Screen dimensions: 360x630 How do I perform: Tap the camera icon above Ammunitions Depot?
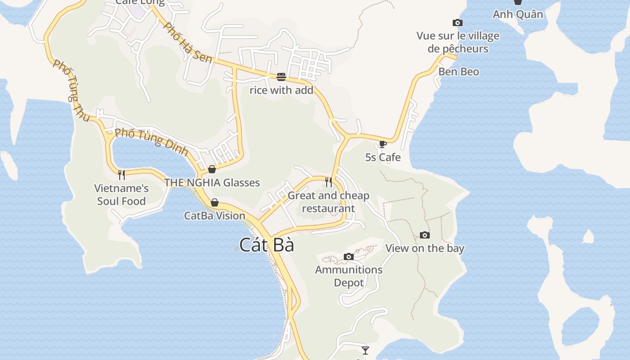point(348,256)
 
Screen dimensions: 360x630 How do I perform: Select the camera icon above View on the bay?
point(424,235)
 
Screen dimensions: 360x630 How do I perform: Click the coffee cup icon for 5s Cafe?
point(382,144)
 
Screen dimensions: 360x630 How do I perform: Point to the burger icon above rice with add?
point(281,76)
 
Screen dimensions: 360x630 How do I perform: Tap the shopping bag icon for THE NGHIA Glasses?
point(212,169)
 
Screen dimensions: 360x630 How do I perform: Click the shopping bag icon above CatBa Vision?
point(215,202)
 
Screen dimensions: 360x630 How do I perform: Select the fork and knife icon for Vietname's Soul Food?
point(121,175)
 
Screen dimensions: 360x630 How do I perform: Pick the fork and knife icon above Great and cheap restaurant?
point(328,182)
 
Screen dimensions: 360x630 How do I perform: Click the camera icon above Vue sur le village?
point(457,22)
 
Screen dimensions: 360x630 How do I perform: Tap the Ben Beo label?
point(459,72)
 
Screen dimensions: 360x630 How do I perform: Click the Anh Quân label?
point(517,14)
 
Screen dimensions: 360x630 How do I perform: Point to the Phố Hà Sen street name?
point(187,43)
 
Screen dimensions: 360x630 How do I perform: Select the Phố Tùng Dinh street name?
point(151,142)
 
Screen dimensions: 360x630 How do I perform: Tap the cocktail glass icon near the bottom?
point(365,350)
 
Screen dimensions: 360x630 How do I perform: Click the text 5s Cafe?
point(382,157)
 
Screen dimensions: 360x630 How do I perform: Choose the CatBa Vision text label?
point(215,216)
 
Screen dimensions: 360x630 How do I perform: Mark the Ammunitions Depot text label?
point(349,276)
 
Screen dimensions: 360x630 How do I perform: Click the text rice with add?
point(281,90)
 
